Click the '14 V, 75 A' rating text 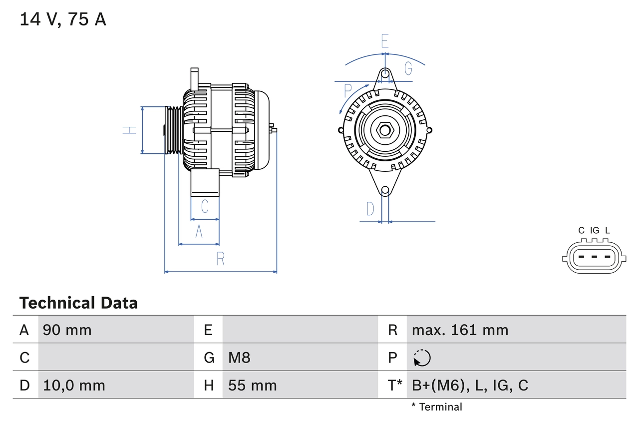pos(63,19)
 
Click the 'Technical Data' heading pos(78,303)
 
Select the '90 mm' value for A pos(67,330)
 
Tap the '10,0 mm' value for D pos(74,385)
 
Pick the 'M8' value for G pos(239,358)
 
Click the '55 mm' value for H pos(252,385)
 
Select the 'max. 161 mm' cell pos(460,330)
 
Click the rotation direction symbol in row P pos(422,358)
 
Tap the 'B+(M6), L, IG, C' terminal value pos(470,385)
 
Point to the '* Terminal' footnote pos(437,407)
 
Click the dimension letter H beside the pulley pos(130,130)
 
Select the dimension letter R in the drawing pos(220,259)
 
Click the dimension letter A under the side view pos(199,232)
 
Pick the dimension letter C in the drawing pos(204,206)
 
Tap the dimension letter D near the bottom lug pos(370,209)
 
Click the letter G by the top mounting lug pos(408,68)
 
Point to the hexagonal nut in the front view pos(384,130)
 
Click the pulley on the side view pos(174,130)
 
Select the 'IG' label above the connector pos(595,230)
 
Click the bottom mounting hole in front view pos(385,190)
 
